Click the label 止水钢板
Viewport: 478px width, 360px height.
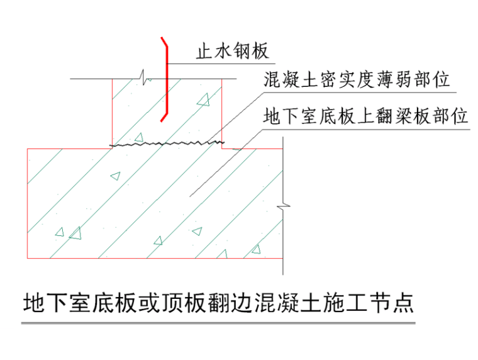point(232,51)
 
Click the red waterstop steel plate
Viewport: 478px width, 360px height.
point(166,82)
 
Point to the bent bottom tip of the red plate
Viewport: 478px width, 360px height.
point(162,119)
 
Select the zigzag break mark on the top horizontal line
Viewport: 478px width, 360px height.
point(145,79)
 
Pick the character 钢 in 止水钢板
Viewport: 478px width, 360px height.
point(242,51)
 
